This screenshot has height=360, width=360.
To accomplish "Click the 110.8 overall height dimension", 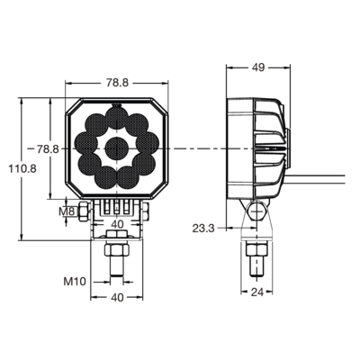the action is point(22,169).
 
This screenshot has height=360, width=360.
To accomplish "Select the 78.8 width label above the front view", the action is point(117,83).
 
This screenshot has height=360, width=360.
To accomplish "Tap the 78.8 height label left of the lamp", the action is point(48,148).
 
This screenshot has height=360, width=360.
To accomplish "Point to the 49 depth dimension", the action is point(258,67).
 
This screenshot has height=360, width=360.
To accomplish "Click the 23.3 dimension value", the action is point(203,229).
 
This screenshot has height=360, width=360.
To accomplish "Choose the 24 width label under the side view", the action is point(257,292).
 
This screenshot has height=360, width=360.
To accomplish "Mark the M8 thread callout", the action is point(67,211).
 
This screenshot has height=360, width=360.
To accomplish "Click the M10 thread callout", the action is point(75,282).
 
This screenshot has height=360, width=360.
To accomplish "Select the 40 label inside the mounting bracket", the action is point(117,224).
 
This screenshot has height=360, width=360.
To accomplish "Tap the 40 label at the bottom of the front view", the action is point(117,297).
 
